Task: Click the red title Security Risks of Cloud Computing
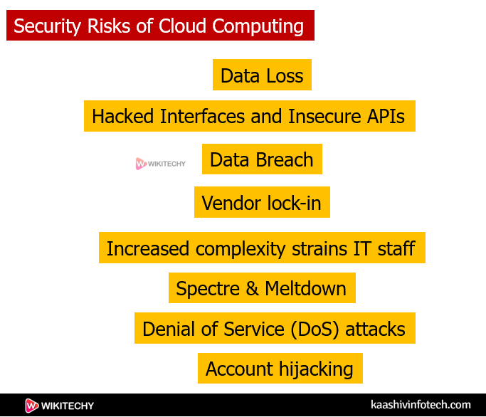[x=159, y=26]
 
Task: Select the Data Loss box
[x=262, y=75]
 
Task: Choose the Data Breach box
[x=261, y=159]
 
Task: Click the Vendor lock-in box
[x=261, y=204]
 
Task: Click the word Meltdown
[x=306, y=289]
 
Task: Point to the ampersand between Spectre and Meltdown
[x=253, y=289]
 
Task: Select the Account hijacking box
[x=279, y=369]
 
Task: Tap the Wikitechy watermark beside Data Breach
[x=160, y=164]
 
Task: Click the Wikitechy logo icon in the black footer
[x=31, y=406]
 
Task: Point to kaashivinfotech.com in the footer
[x=421, y=405]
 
